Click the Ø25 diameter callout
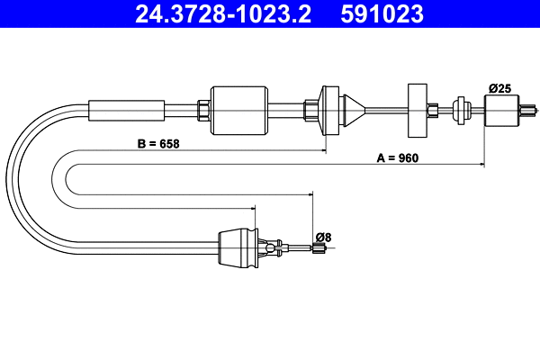[499, 87]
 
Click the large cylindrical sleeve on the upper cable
[239, 110]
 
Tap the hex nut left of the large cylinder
[203, 110]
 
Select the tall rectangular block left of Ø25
[417, 110]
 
